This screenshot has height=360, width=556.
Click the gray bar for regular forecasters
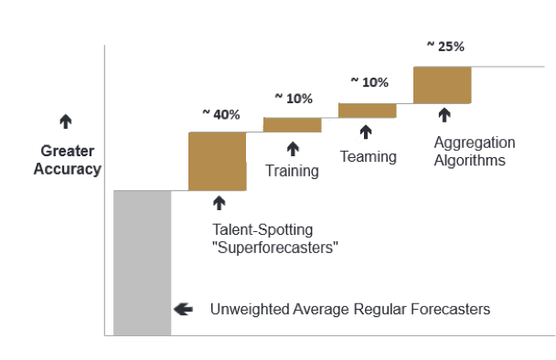[142, 262]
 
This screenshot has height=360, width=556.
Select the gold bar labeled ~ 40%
[218, 161]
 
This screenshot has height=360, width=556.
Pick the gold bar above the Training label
[293, 125]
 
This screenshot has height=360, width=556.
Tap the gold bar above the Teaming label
[368, 111]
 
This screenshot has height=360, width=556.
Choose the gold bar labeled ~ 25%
[443, 85]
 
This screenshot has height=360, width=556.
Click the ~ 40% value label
[221, 114]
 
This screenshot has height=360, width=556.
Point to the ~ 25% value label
[445, 47]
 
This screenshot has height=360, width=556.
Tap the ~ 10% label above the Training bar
[294, 99]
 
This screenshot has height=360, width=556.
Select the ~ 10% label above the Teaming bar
[369, 82]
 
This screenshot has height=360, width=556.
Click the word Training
[293, 171]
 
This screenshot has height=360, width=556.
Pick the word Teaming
[368, 156]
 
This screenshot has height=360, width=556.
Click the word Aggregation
[475, 143]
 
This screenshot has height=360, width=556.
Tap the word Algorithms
[469, 160]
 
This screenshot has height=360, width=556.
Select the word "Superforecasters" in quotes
[275, 248]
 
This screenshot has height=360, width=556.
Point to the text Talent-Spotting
[262, 229]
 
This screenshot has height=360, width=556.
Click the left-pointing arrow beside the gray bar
[183, 309]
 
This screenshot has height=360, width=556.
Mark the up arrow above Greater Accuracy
[66, 122]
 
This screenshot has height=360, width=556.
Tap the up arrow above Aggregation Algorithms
[444, 115]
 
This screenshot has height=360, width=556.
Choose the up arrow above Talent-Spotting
[219, 203]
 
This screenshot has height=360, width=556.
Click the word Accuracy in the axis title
[68, 169]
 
